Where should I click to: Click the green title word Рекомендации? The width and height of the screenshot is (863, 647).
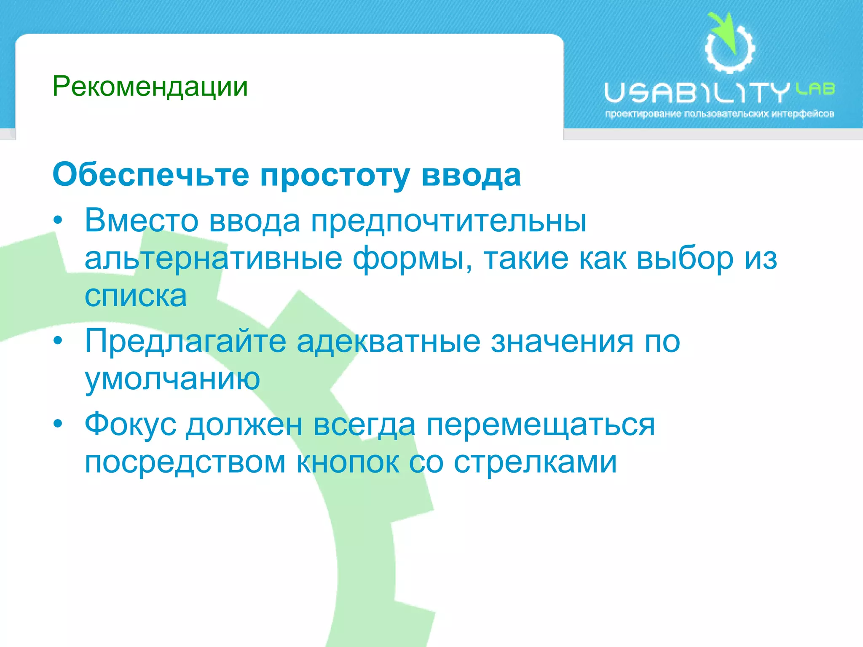[x=150, y=87]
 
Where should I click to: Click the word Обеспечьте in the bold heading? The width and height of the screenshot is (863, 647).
[x=151, y=175]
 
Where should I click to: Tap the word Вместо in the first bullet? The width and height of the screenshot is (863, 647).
[x=141, y=220]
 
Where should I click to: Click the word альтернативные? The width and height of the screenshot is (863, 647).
[x=213, y=258]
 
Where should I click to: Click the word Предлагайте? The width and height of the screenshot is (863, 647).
[x=185, y=341]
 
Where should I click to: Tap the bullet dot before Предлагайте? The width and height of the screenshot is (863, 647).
[x=58, y=340]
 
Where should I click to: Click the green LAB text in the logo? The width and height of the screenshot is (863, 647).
[x=815, y=89]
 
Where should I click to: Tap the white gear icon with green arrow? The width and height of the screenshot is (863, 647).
[x=730, y=44]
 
